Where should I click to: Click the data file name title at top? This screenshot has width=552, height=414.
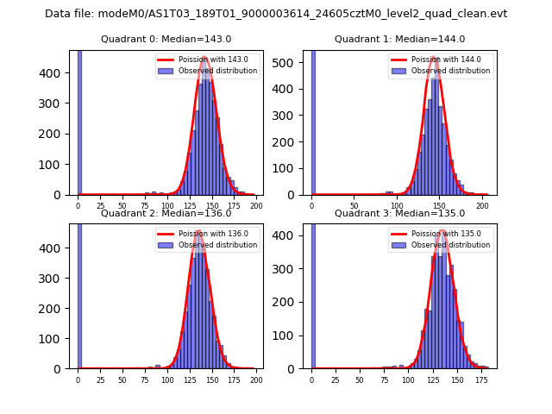(276, 14)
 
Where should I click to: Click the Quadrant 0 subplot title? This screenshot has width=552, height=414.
(166, 39)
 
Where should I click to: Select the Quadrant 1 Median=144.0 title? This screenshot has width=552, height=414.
(399, 39)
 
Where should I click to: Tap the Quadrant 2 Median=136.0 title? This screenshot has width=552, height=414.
(166, 213)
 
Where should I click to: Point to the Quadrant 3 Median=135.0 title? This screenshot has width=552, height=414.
(399, 213)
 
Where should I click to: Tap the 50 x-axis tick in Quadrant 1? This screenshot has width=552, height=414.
(354, 204)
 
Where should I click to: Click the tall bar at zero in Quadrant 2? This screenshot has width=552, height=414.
(79, 293)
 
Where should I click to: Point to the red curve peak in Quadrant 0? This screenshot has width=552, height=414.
(205, 58)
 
